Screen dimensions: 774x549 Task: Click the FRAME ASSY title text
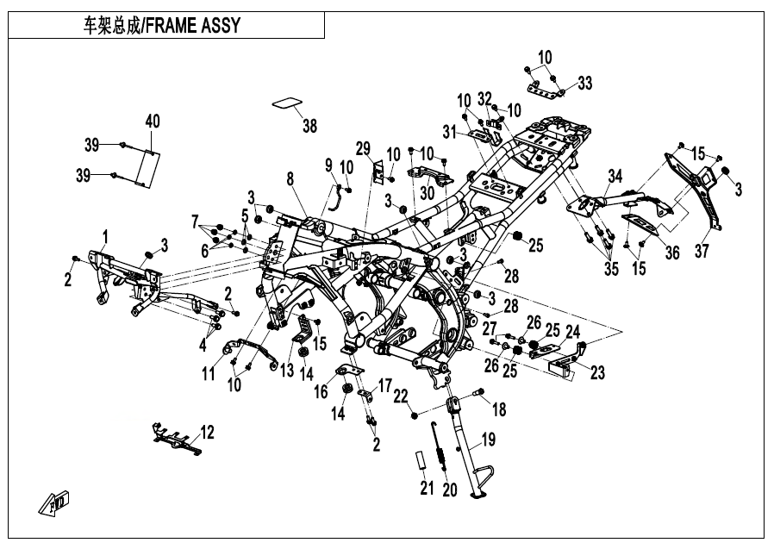pyautogui.click(x=161, y=25)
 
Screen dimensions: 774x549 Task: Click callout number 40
pyautogui.click(x=153, y=121)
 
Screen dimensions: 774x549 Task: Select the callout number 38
pyautogui.click(x=309, y=126)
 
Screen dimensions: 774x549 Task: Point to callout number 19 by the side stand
pyautogui.click(x=488, y=439)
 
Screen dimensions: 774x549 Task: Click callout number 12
pyautogui.click(x=208, y=432)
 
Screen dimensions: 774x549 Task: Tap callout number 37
pyautogui.click(x=702, y=251)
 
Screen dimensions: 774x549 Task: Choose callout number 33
pyautogui.click(x=585, y=83)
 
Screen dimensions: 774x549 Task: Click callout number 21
pyautogui.click(x=427, y=488)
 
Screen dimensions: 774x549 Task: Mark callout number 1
pyautogui.click(x=104, y=236)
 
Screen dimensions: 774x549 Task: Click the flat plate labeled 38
pyautogui.click(x=287, y=103)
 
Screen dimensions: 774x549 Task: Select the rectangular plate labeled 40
pyautogui.click(x=147, y=168)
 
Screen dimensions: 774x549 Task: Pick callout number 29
pyautogui.click(x=363, y=147)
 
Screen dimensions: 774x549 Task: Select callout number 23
pyautogui.click(x=596, y=372)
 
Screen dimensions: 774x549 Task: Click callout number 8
pyautogui.click(x=290, y=178)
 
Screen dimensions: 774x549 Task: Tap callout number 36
pyautogui.click(x=671, y=253)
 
